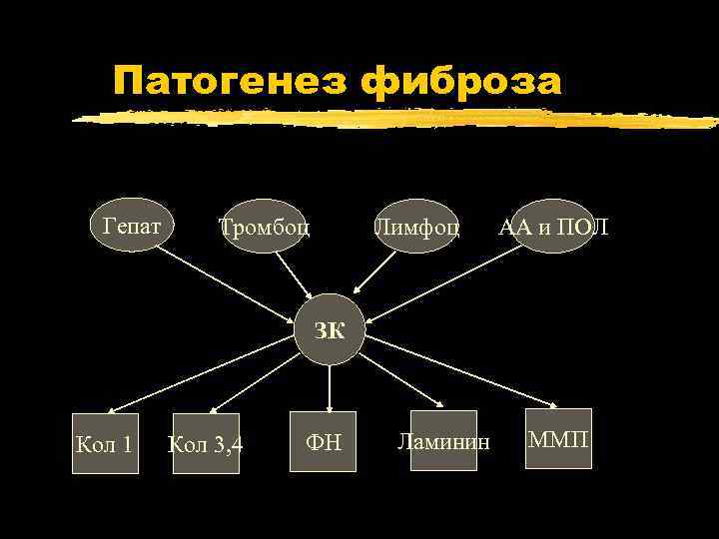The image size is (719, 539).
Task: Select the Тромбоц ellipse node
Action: [265, 228]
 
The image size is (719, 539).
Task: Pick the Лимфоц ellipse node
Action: [416, 228]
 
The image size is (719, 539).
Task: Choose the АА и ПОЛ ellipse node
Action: [552, 228]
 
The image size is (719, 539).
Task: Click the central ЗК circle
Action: [330, 330]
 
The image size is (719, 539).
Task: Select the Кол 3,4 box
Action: [207, 442]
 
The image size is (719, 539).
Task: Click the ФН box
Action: [324, 440]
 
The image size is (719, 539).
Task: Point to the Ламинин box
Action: [443, 440]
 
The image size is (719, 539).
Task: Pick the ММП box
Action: [559, 438]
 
